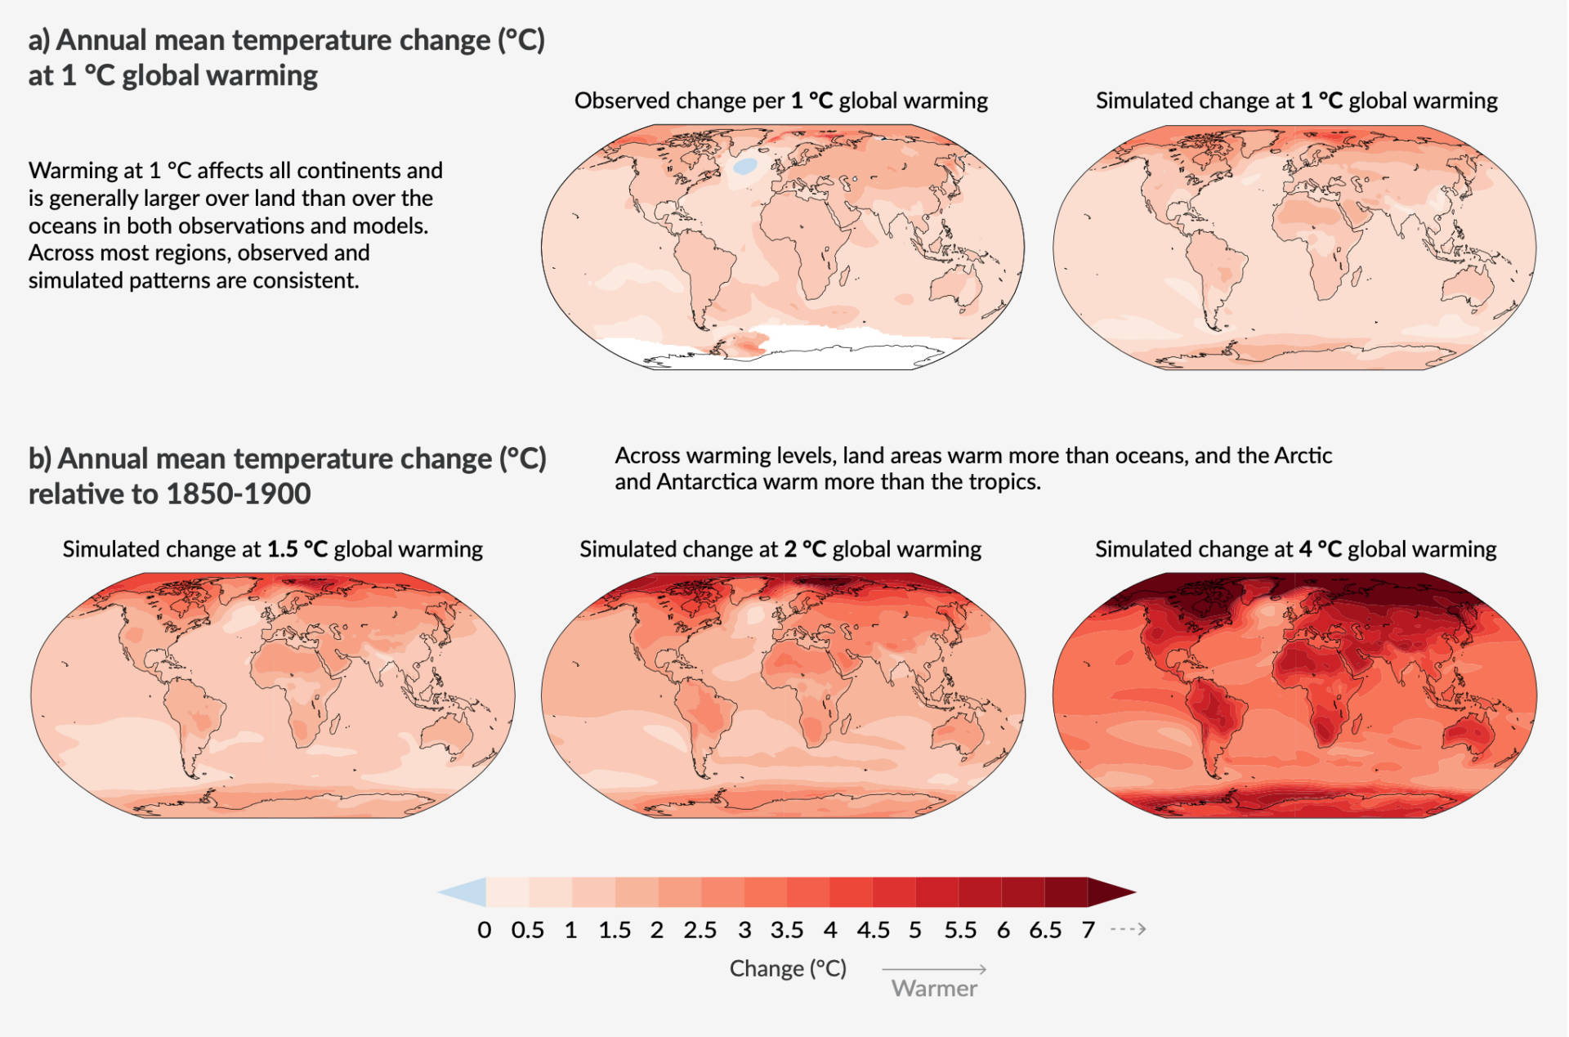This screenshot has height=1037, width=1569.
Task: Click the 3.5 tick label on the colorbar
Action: click(786, 930)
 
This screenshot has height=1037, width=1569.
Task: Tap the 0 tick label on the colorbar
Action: click(485, 930)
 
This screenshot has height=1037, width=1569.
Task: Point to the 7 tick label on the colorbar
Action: click(1088, 930)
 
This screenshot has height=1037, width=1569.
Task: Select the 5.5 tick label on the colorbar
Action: click(960, 930)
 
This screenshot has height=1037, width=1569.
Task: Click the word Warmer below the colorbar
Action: click(934, 989)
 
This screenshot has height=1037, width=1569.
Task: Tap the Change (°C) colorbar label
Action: click(788, 968)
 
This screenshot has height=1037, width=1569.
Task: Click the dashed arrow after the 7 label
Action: click(1129, 929)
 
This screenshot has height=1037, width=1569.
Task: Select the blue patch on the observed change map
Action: click(744, 166)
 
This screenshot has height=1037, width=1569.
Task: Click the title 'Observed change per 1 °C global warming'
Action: click(780, 101)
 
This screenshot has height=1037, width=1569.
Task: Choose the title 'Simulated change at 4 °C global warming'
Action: click(1295, 549)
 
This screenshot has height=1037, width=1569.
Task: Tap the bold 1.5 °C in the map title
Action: click(297, 549)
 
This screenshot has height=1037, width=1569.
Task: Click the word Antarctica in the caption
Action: click(707, 481)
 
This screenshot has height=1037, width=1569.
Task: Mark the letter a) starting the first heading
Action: click(38, 40)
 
